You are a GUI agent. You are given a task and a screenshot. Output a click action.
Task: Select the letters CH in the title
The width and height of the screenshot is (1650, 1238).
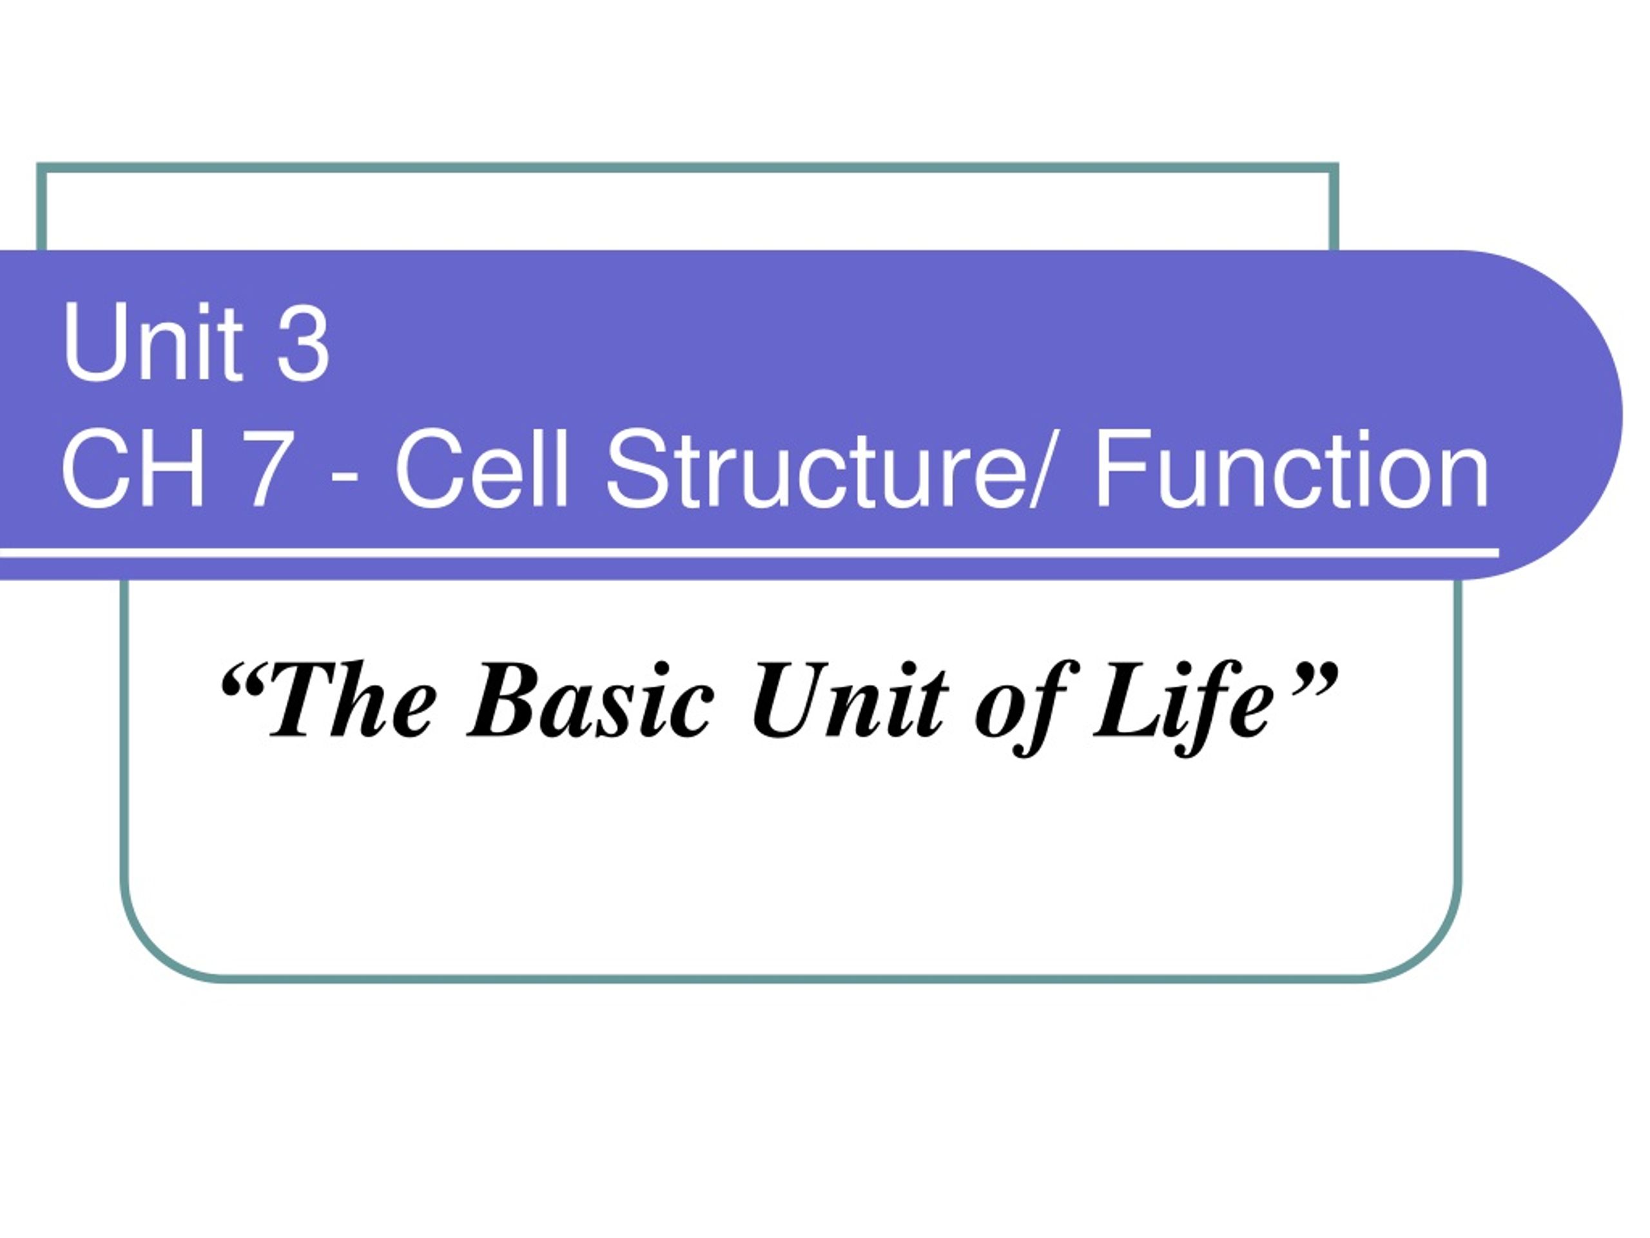(x=133, y=470)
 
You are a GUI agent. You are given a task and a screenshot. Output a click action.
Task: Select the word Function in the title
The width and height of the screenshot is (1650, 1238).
(x=1291, y=470)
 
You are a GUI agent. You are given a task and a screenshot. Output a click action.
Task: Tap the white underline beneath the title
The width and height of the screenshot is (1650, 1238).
(x=746, y=553)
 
